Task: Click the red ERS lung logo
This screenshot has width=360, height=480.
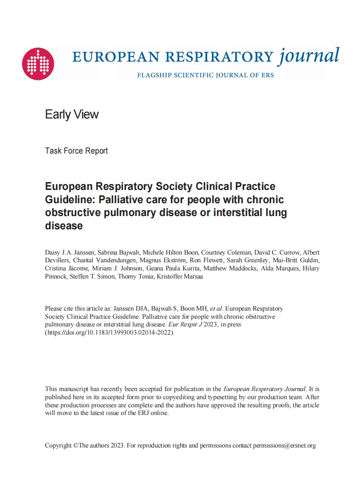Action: (x=38, y=64)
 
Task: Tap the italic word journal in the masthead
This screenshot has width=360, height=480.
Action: (x=309, y=56)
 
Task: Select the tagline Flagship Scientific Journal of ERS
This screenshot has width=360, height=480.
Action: (x=205, y=75)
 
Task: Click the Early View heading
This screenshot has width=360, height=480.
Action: (x=72, y=114)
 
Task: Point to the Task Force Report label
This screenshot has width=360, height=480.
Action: (x=76, y=151)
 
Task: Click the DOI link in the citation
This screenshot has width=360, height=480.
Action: (x=110, y=332)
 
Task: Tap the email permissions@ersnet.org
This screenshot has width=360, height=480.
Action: (x=284, y=445)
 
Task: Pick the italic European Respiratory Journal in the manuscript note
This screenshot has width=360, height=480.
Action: (x=265, y=389)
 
